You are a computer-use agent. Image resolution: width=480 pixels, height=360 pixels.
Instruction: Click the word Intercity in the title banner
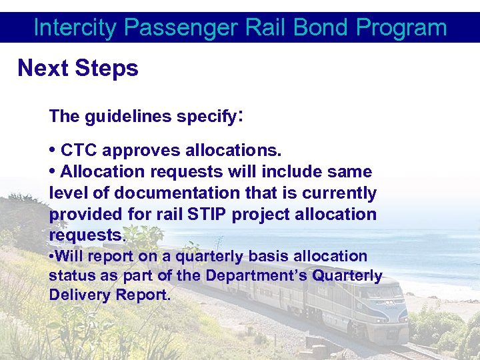pos(76,28)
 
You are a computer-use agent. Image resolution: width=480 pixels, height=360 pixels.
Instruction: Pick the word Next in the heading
pos(43,68)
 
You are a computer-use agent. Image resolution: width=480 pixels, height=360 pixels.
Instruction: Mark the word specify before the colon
pos(207,117)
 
